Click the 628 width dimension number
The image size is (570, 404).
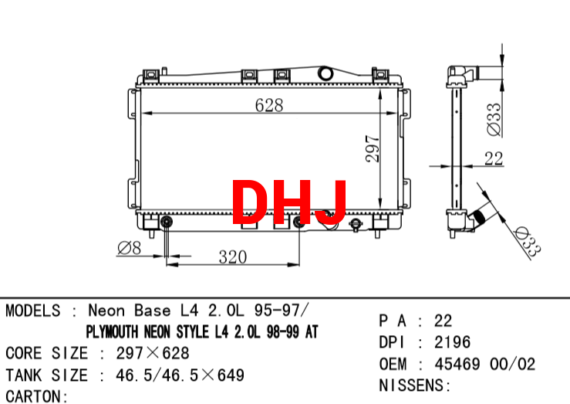tap(269, 105)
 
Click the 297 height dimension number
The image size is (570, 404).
tap(373, 148)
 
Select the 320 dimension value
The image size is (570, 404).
tap(233, 257)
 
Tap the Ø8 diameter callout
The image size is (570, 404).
tap(130, 248)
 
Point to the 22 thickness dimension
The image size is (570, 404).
tap(494, 158)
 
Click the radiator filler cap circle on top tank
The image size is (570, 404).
tap(325, 73)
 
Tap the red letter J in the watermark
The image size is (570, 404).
tap(331, 202)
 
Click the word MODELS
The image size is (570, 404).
tap(33, 311)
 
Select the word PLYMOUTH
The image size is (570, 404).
tap(113, 331)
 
